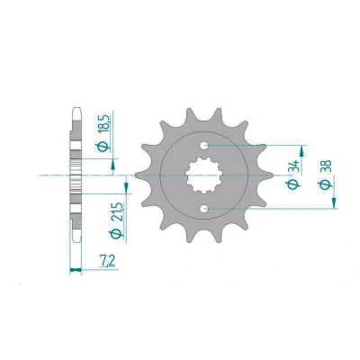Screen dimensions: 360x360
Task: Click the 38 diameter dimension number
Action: point(326,167)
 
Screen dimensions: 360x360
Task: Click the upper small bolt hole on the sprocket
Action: point(204,146)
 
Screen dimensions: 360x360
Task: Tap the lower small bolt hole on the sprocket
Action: point(204,208)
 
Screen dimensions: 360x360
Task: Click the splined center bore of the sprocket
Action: point(204,175)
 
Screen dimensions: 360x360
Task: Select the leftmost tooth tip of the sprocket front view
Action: point(135,175)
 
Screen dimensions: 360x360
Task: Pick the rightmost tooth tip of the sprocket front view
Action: point(273,175)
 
